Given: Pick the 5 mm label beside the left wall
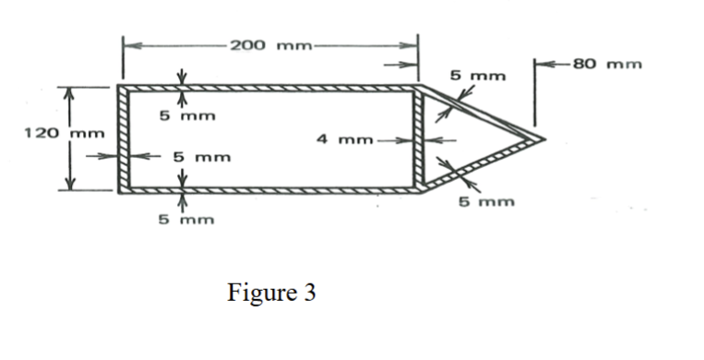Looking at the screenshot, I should [201, 157].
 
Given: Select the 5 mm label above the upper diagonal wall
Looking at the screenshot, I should [478, 74].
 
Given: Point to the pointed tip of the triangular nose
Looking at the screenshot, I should [543, 139].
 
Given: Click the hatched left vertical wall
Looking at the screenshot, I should [121, 139].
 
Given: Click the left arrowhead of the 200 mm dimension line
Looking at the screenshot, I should [127, 43].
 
